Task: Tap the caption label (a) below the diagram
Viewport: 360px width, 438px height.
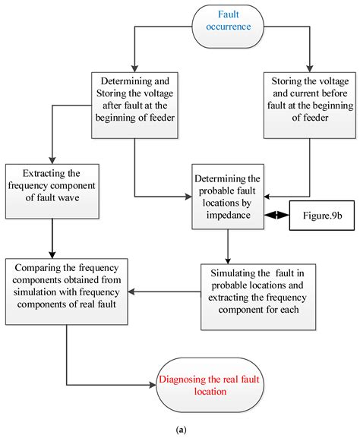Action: point(180,430)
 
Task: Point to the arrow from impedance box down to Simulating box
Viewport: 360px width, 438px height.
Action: point(227,224)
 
